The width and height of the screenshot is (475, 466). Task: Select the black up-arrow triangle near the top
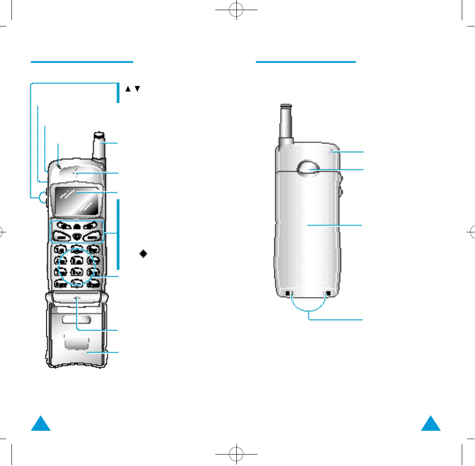[128, 89]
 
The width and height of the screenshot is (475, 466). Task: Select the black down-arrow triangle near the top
[137, 89]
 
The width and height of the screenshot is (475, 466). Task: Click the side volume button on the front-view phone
[42, 198]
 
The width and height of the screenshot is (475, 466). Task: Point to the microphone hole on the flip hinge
[78, 298]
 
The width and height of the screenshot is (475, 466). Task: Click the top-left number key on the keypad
[59, 249]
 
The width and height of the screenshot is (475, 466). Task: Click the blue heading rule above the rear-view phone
[306, 62]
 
